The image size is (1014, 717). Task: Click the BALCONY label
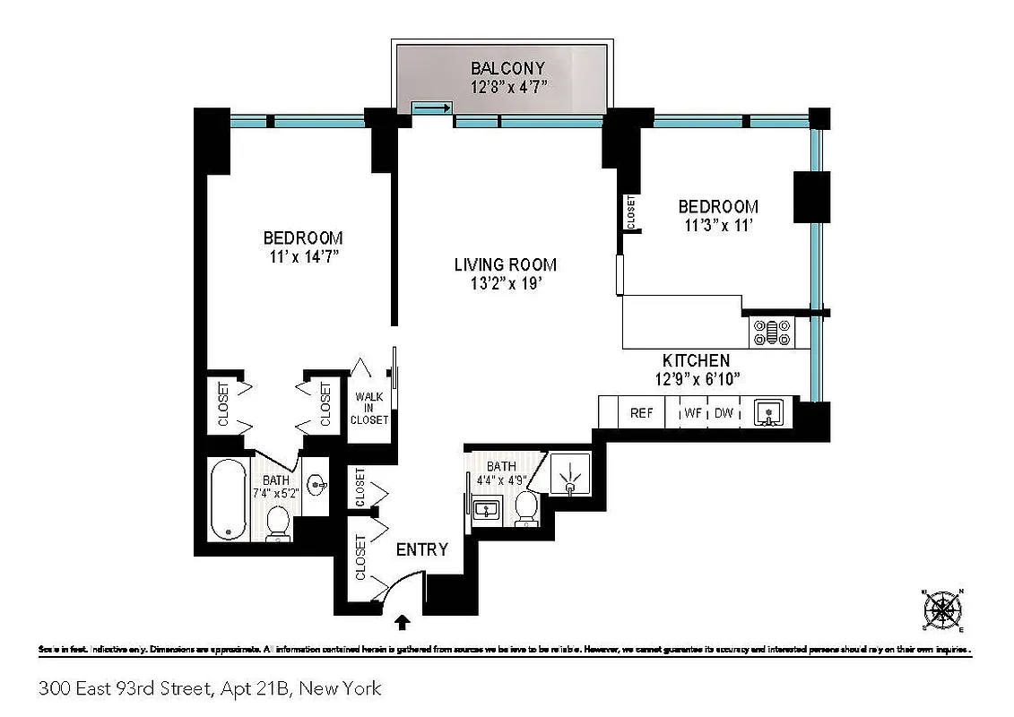click(x=508, y=68)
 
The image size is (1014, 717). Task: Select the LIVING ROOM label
click(x=505, y=264)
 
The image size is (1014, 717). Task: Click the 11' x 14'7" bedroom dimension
click(x=302, y=256)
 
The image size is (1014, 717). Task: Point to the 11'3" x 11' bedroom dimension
click(x=717, y=225)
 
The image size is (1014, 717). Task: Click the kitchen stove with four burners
click(x=772, y=333)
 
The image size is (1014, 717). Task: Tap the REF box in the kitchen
click(x=641, y=413)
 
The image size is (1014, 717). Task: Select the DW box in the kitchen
click(x=724, y=413)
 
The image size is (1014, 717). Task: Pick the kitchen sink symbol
click(x=768, y=413)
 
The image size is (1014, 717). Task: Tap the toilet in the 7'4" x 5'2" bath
click(x=279, y=524)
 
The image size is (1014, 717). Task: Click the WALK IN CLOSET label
click(x=368, y=408)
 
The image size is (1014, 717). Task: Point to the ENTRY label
click(x=421, y=549)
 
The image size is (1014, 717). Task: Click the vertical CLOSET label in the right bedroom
click(x=631, y=212)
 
